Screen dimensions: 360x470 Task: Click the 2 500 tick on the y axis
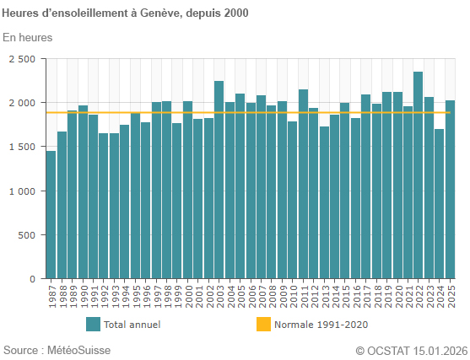click(22, 59)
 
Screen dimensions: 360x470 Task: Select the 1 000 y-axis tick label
click(22, 191)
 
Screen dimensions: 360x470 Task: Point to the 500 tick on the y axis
click(27, 234)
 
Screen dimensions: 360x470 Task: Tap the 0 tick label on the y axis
click(32, 278)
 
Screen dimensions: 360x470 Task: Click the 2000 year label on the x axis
click(188, 296)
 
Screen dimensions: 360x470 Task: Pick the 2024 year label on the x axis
click(440, 296)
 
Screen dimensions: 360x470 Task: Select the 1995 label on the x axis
click(136, 296)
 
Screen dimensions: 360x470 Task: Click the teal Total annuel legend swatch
click(93, 324)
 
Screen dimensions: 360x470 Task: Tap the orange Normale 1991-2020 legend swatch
click(263, 324)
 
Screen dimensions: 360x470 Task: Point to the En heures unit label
click(28, 37)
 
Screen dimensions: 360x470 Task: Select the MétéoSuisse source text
click(78, 350)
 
